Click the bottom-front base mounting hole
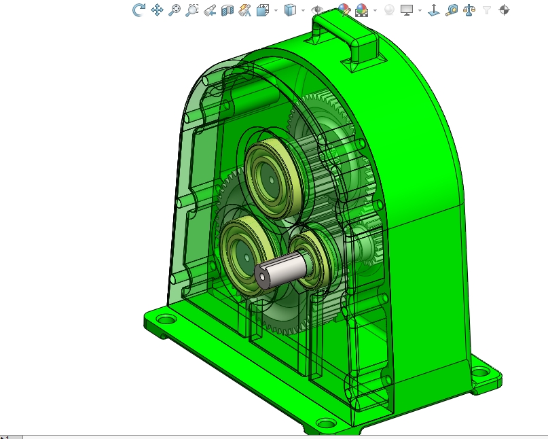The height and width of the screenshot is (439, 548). tap(327, 423)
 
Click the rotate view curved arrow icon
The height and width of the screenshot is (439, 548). tap(139, 10)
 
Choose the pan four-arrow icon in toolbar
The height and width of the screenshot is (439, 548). tap(157, 10)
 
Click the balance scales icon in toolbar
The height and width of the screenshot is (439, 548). tap(469, 10)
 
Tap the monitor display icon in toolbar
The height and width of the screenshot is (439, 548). tap(407, 10)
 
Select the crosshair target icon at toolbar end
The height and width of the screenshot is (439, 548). tap(504, 10)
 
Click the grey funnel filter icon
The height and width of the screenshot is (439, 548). tap(487, 10)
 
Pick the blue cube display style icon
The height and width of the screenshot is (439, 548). tap(290, 10)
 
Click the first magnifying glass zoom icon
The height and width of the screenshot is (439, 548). tap(175, 10)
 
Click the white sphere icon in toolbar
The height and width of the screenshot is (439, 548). tap(389, 10)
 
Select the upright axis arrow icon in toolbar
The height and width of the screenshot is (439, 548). tap(433, 10)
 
